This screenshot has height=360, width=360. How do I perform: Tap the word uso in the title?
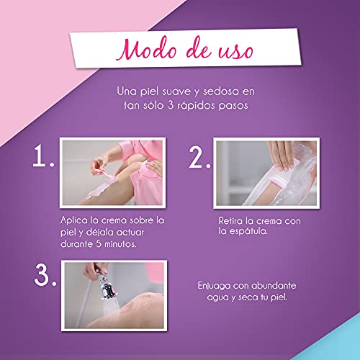235,51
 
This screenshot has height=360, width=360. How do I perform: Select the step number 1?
43,156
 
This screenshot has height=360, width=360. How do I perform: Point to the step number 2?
199,158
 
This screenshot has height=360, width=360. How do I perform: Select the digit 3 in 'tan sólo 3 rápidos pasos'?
170,105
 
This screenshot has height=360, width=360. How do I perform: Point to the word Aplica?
74,221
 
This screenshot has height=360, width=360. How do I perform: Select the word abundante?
274,286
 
